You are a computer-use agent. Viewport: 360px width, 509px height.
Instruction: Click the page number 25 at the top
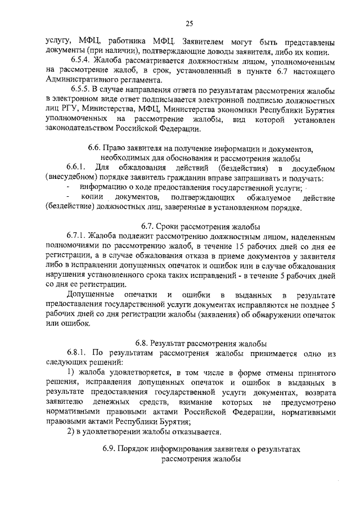pos(189,22)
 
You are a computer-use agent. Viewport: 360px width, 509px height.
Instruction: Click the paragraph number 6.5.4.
pos(80,60)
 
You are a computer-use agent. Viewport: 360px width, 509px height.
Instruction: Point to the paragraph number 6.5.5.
pos(80,91)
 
